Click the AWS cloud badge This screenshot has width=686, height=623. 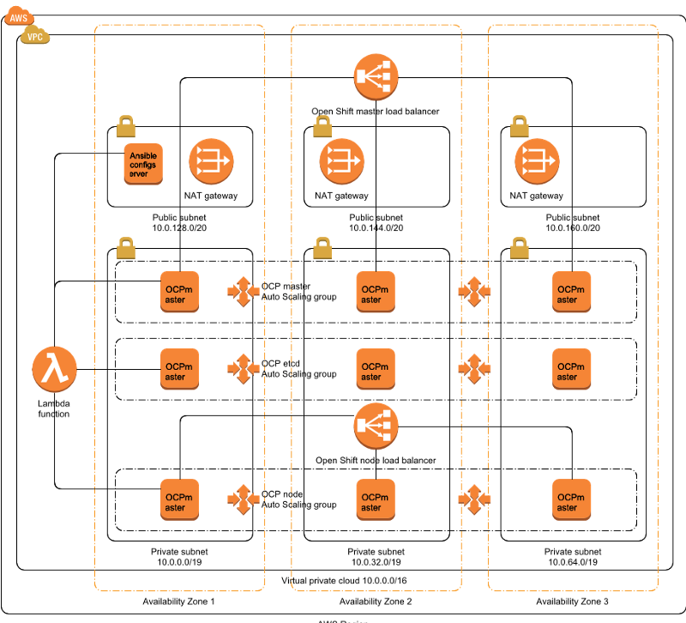[19, 16]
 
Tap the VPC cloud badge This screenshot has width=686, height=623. [35, 35]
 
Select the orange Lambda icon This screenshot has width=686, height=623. [55, 370]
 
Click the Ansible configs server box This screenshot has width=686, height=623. [143, 163]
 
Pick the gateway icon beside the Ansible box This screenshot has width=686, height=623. [211, 160]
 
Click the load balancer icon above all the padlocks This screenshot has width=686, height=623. [376, 77]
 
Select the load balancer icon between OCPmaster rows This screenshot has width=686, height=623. [376, 425]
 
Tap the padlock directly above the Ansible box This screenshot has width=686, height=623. [126, 126]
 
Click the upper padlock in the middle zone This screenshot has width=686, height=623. [322, 126]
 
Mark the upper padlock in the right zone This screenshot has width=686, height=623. [519, 126]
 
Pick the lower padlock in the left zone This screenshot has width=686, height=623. [126, 248]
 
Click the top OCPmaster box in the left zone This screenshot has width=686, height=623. [180, 292]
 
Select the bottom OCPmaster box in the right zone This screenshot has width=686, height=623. [572, 499]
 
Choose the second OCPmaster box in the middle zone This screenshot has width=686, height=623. [376, 369]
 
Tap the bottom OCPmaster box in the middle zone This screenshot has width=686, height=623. [376, 499]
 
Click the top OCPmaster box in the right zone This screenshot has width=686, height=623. [572, 292]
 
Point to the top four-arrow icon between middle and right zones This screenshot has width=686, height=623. [474, 292]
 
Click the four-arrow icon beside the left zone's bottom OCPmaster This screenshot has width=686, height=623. [244, 499]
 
